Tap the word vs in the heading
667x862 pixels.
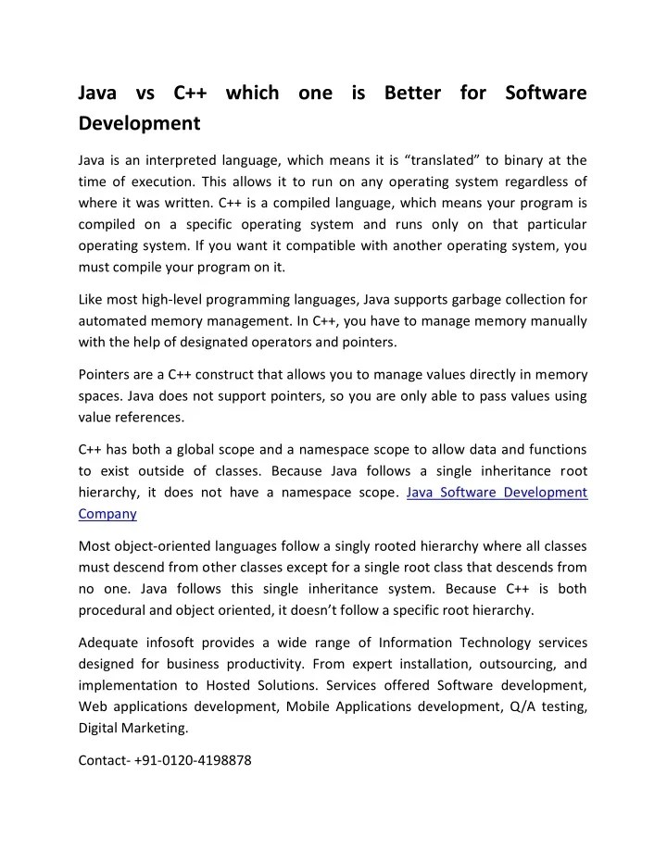(x=145, y=94)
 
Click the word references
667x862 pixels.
(x=154, y=418)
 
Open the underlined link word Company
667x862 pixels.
(x=107, y=513)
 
